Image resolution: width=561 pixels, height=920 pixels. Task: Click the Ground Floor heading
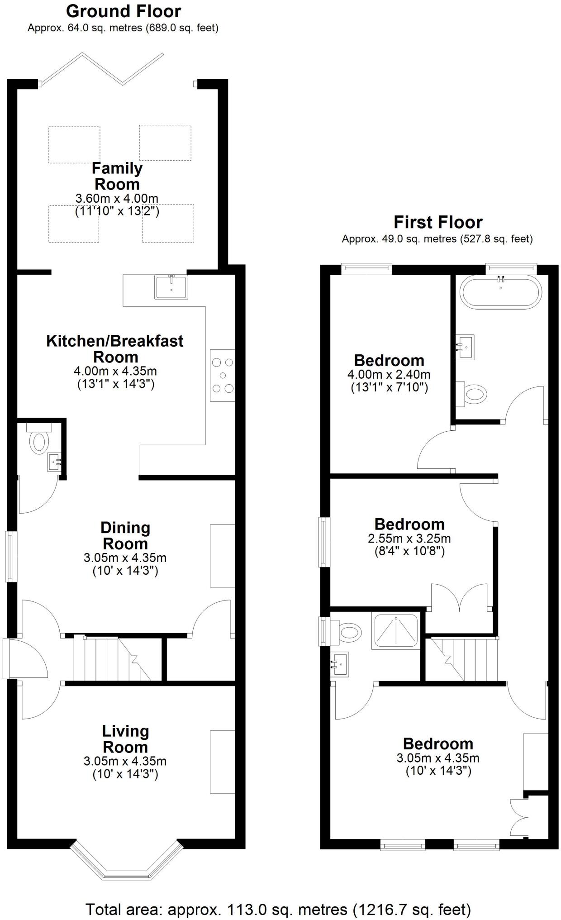click(x=124, y=11)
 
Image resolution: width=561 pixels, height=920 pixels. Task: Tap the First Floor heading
click(x=438, y=222)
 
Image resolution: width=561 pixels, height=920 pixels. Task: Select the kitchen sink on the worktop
click(x=171, y=287)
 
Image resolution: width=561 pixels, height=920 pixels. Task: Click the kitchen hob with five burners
click(x=223, y=375)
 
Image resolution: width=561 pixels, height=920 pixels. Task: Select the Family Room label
click(x=117, y=176)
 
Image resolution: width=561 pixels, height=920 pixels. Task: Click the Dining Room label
click(x=125, y=535)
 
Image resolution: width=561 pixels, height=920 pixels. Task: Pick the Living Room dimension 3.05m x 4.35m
click(x=125, y=761)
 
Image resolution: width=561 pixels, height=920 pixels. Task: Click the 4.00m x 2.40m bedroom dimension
click(x=389, y=375)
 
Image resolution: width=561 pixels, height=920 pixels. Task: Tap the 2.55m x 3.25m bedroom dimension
click(x=409, y=539)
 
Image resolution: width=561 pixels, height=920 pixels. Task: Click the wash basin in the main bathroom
click(x=465, y=347)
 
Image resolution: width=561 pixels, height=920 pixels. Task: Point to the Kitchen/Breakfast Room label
click(x=115, y=348)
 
